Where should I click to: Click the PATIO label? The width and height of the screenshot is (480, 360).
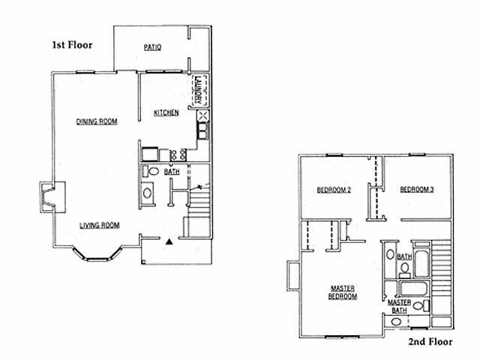pyautogui.click(x=152, y=47)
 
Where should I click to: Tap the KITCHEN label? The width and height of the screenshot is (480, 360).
pyautogui.click(x=166, y=112)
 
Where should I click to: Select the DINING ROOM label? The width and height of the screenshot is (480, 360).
pyautogui.click(x=97, y=121)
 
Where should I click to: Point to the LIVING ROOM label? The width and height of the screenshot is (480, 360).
pyautogui.click(x=100, y=226)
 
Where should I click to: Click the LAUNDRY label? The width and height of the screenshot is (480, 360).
pyautogui.click(x=198, y=90)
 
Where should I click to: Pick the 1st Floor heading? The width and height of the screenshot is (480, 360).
pyautogui.click(x=72, y=45)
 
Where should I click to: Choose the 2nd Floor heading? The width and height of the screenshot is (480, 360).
pyautogui.click(x=430, y=341)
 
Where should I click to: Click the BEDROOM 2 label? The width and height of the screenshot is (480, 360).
pyautogui.click(x=334, y=190)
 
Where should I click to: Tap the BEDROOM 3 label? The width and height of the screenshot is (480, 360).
pyautogui.click(x=417, y=190)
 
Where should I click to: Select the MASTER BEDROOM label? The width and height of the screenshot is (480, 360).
pyautogui.click(x=343, y=292)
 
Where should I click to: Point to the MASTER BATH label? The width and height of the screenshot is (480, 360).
pyautogui.click(x=399, y=307)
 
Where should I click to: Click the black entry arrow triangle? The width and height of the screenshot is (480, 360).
pyautogui.click(x=169, y=241)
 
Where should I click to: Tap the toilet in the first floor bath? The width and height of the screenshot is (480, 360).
pyautogui.click(x=151, y=171)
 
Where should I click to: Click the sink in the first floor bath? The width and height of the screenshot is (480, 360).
pyautogui.click(x=147, y=193)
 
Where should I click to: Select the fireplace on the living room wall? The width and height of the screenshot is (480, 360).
pyautogui.click(x=52, y=197)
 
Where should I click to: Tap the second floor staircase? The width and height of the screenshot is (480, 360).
pyautogui.click(x=442, y=277)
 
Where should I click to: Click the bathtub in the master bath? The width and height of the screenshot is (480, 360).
pyautogui.click(x=412, y=289)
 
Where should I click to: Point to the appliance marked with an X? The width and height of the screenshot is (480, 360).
pyautogui.click(x=203, y=116)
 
